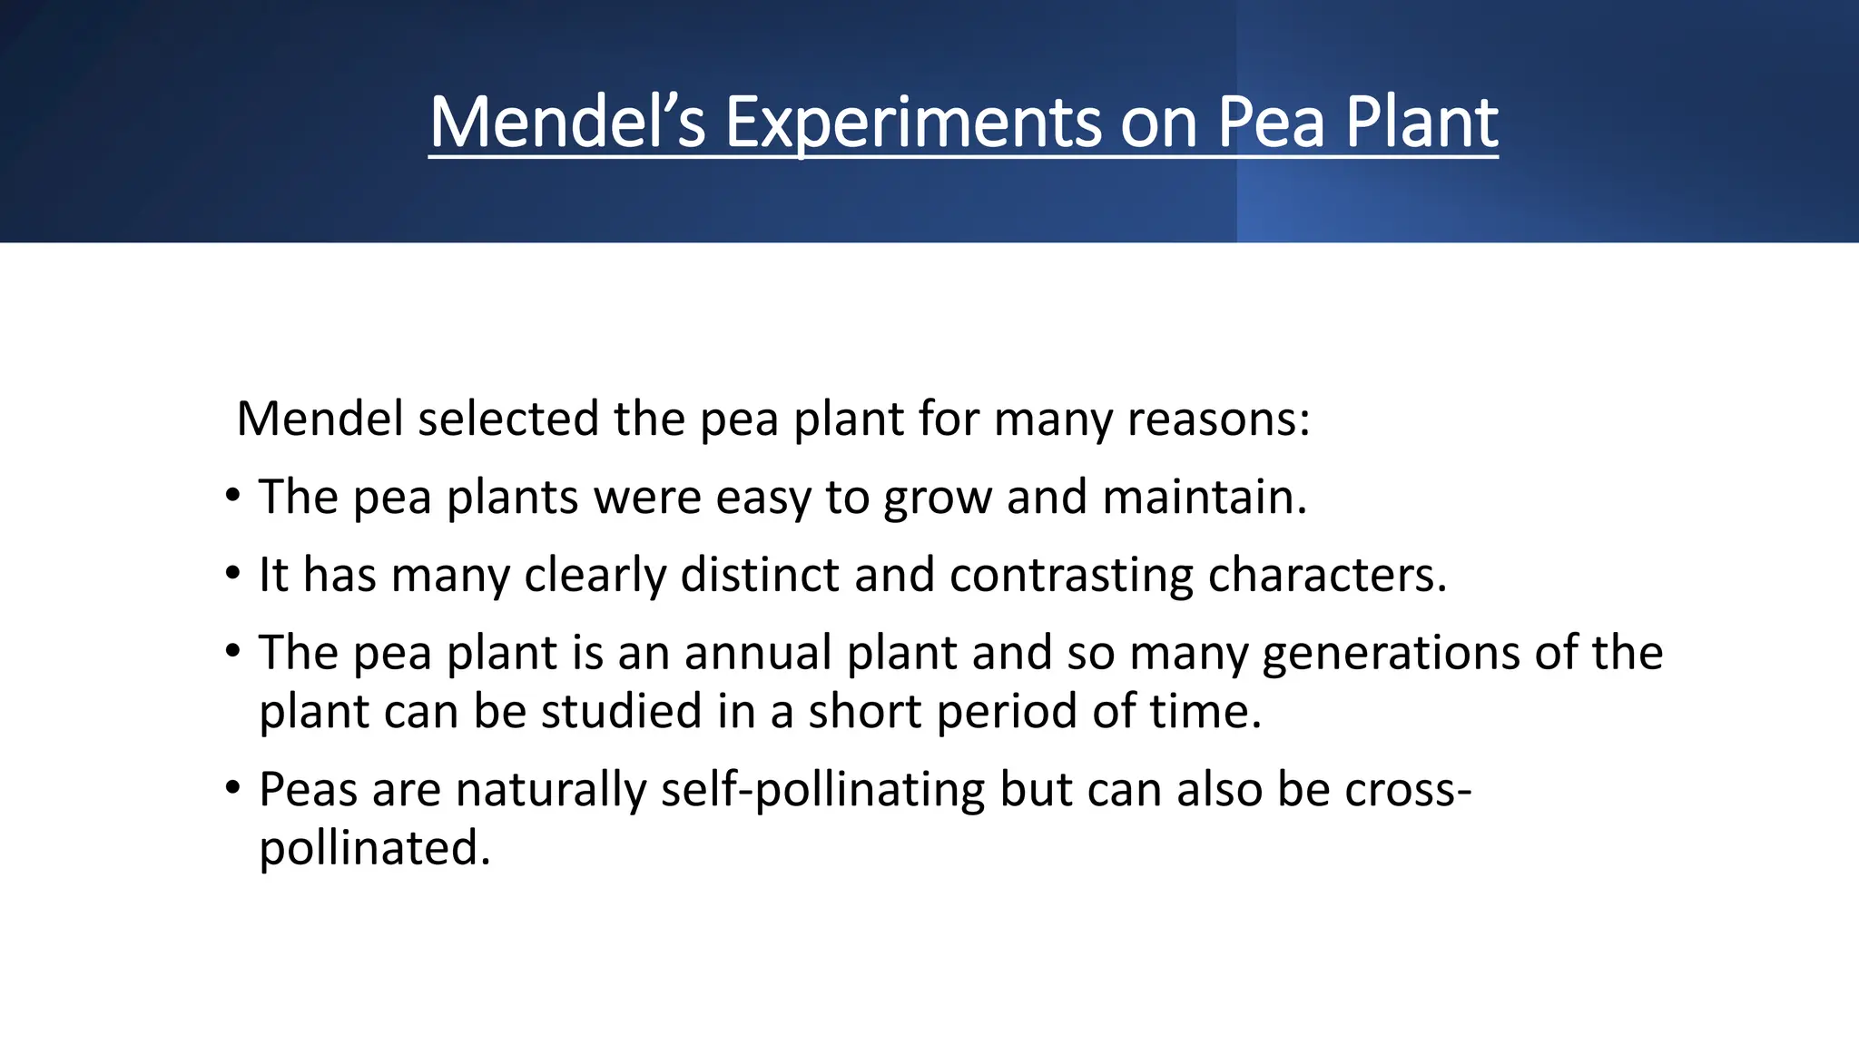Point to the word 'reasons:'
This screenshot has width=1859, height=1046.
pyautogui.click(x=1219, y=419)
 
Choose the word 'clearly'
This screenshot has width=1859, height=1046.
pyautogui.click(x=595, y=575)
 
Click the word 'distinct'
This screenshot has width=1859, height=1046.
pyautogui.click(x=760, y=575)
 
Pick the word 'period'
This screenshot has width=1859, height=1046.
pyautogui.click(x=1007, y=711)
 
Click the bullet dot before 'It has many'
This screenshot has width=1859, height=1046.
pyautogui.click(x=234, y=575)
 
